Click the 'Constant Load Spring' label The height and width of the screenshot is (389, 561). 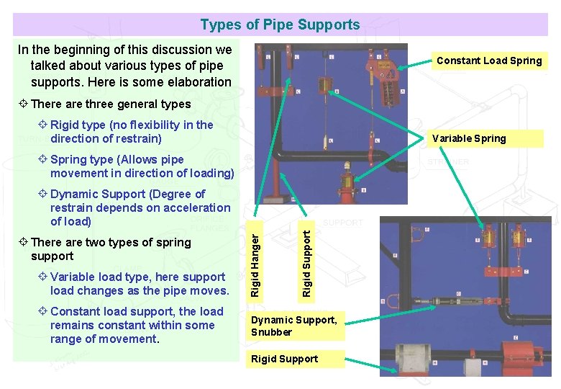(x=489, y=61)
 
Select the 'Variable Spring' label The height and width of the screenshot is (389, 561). (x=469, y=138)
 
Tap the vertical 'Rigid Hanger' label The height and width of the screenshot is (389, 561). (x=255, y=260)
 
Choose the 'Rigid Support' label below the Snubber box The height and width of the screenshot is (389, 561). (x=285, y=359)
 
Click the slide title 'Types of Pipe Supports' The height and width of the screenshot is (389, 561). (x=280, y=25)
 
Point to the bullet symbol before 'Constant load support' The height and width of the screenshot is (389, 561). (x=43, y=311)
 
